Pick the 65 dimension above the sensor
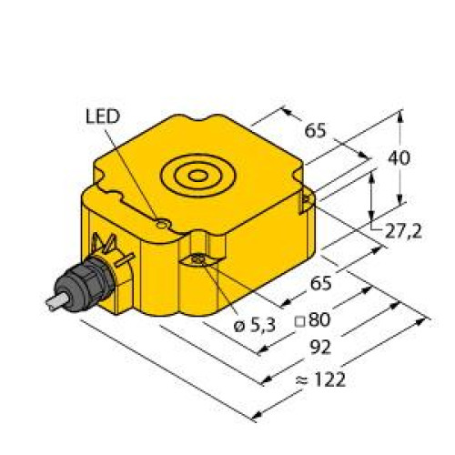tap(315, 131)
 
